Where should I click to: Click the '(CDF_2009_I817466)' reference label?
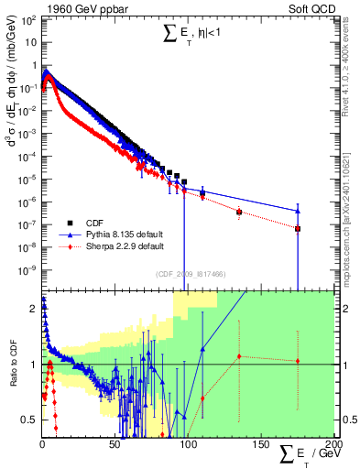pos(191,274)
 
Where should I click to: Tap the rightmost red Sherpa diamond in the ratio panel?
pos(298,361)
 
